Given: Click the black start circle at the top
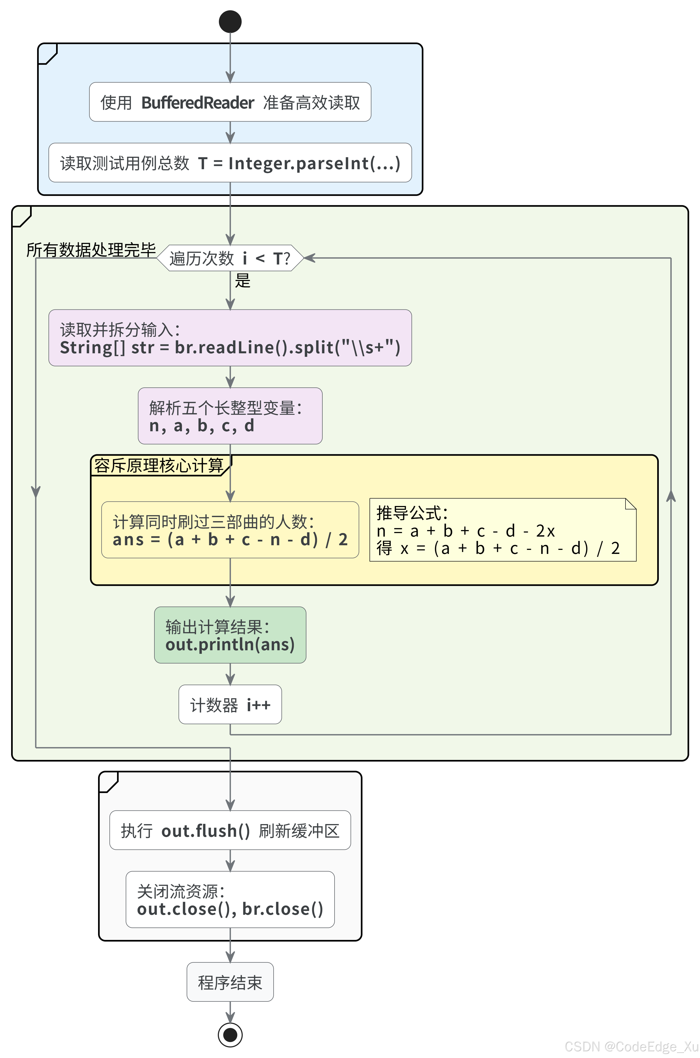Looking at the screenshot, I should coord(230,21).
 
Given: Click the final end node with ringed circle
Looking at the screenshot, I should coord(230,1034).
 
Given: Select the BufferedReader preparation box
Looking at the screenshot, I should coord(230,102).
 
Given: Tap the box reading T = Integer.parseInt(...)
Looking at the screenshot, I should coord(230,163).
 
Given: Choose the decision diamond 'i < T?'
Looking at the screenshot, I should coord(230,258).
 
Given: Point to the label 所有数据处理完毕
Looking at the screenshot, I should coord(91,250).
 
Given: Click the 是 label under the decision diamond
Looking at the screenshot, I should coord(243,281).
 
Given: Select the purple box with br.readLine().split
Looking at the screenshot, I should coord(230,338).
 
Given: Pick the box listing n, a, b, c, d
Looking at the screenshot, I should coord(230,416).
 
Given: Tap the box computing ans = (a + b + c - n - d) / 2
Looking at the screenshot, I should coord(230,530).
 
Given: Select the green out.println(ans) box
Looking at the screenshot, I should coord(230,635).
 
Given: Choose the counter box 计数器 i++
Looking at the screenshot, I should coord(230,705).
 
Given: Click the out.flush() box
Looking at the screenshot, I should coord(230,831).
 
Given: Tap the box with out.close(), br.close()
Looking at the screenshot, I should coord(230,900).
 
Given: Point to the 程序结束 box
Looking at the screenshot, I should coord(230,982).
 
